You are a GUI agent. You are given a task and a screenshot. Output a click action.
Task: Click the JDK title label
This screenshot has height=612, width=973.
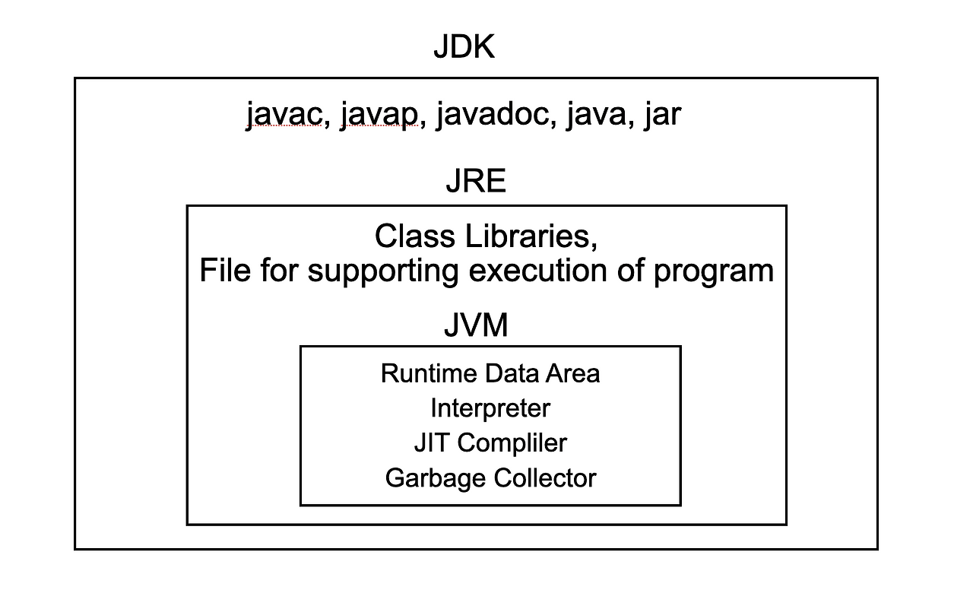464,47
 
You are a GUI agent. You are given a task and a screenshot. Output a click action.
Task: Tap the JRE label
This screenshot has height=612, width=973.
476,182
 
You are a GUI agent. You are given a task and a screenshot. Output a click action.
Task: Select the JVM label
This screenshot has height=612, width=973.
476,325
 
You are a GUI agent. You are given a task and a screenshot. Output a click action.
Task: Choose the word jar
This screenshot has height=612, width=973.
661,116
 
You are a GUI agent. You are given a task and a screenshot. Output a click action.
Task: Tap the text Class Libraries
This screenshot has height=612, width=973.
486,236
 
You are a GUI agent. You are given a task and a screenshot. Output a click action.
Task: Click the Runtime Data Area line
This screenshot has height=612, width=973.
490,373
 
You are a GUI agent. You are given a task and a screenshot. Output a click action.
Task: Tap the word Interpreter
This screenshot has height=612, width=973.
490,408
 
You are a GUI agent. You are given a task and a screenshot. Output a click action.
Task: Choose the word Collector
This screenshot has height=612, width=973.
545,477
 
